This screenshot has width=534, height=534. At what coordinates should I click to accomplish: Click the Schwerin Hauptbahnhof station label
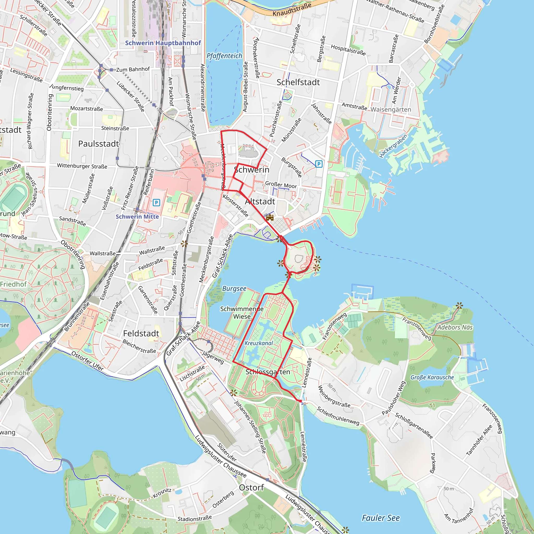click(163, 43)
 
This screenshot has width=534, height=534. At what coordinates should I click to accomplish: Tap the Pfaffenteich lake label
click(224, 56)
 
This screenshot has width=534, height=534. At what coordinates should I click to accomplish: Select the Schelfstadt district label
click(298, 82)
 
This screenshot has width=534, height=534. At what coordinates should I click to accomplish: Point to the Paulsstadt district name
click(98, 144)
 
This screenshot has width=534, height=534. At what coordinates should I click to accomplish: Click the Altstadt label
click(260, 202)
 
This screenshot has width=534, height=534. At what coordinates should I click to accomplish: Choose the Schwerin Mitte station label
click(137, 217)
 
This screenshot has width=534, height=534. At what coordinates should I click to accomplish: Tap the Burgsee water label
click(234, 289)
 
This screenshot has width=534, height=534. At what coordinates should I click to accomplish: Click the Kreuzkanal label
click(259, 343)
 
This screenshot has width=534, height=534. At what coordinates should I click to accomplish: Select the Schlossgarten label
click(268, 372)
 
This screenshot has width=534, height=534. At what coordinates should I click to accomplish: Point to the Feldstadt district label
click(141, 333)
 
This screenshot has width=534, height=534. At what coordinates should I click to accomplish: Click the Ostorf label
click(251, 488)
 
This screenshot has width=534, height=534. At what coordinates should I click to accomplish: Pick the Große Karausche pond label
click(432, 378)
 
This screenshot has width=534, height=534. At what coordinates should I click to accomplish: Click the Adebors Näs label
click(455, 327)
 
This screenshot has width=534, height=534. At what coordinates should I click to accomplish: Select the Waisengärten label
click(391, 110)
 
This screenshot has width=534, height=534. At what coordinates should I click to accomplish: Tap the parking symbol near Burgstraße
click(319, 164)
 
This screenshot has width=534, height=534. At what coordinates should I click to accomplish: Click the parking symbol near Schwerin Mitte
click(156, 203)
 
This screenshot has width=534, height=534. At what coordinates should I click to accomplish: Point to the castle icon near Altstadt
click(270, 217)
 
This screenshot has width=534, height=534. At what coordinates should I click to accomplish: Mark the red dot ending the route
click(300, 401)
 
